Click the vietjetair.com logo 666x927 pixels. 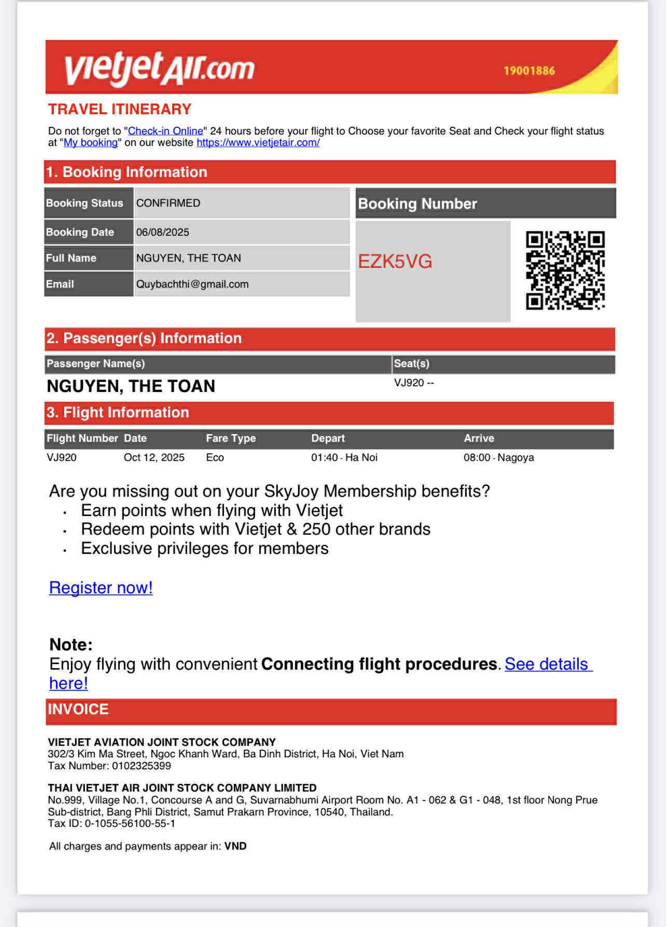pyautogui.click(x=159, y=68)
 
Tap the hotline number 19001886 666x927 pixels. pyautogui.click(x=529, y=71)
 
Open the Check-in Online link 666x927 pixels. pyautogui.click(x=165, y=131)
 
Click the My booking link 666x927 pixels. pyautogui.click(x=91, y=142)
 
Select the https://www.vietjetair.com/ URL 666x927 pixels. pyautogui.click(x=258, y=142)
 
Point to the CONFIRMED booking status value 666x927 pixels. pyautogui.click(x=168, y=203)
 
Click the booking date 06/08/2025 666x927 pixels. pyautogui.click(x=163, y=232)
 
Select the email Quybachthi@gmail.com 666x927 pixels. pyautogui.click(x=192, y=284)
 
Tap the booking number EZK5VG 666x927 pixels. pyautogui.click(x=395, y=262)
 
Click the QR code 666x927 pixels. pyautogui.click(x=565, y=270)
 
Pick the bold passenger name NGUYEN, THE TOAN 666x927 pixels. pyautogui.click(x=131, y=386)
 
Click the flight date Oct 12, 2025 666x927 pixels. pyautogui.click(x=154, y=457)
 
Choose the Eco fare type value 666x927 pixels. pyautogui.click(x=215, y=457)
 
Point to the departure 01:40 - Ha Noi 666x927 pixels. pyautogui.click(x=344, y=457)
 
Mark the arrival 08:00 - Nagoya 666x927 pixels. pyautogui.click(x=498, y=457)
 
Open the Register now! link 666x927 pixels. pyautogui.click(x=101, y=588)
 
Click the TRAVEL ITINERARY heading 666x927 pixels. pyautogui.click(x=120, y=109)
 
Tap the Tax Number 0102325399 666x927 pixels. pyautogui.click(x=141, y=766)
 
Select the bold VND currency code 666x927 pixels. pyautogui.click(x=235, y=846)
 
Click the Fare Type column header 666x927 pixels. pyautogui.click(x=231, y=438)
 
